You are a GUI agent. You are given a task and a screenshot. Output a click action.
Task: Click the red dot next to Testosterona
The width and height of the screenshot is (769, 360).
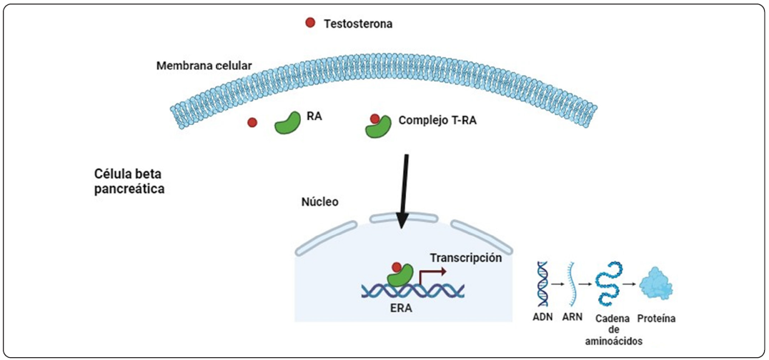coord(310,23)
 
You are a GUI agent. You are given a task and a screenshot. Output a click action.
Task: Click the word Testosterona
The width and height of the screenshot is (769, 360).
coord(358,24)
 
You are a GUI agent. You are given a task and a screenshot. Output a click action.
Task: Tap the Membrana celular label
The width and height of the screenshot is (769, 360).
coord(204,66)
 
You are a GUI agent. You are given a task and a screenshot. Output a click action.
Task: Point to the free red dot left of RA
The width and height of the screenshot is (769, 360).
coord(252,123)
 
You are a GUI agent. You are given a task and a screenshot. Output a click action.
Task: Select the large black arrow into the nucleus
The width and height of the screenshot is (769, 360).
coord(404,189)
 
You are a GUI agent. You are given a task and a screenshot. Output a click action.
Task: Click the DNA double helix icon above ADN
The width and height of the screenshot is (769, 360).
coord(544,283)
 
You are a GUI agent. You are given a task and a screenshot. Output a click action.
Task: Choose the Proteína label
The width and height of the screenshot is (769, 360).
coord(655,314)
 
